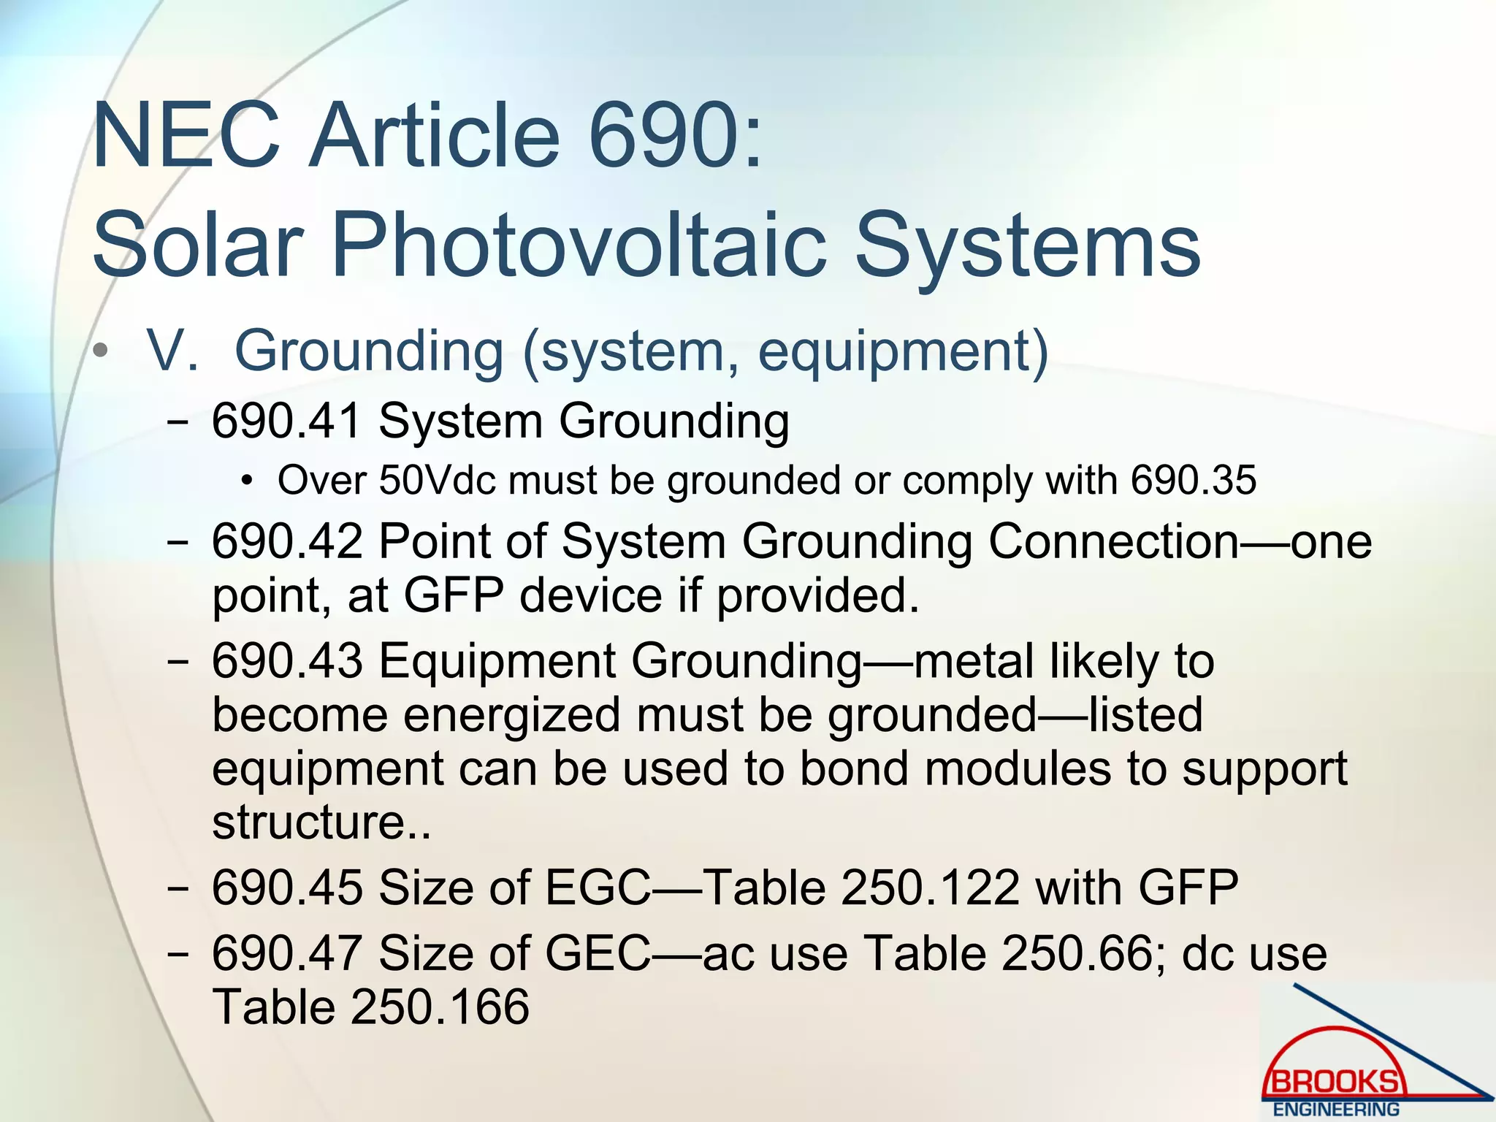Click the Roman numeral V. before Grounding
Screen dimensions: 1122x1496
172,351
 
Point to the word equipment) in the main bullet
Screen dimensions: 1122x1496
903,353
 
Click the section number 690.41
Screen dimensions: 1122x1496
287,421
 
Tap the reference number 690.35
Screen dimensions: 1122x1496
1194,481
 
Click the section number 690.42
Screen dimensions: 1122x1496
287,542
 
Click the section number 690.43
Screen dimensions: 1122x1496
287,661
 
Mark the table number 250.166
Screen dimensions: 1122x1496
440,1007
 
